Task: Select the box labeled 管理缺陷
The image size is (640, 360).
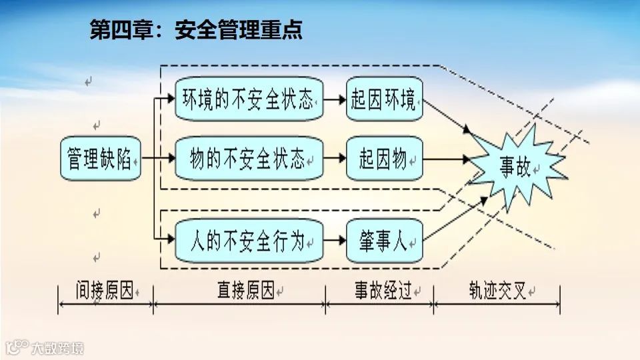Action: tap(101, 159)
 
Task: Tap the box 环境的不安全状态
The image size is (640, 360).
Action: tap(249, 101)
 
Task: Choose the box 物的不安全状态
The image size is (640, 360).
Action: tap(249, 159)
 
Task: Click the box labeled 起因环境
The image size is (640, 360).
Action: tap(385, 101)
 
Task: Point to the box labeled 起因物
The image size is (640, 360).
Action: tap(385, 159)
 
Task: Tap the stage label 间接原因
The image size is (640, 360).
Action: tap(105, 291)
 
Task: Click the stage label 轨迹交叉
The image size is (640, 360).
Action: tap(497, 291)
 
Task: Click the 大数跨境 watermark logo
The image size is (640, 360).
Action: tap(45, 347)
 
